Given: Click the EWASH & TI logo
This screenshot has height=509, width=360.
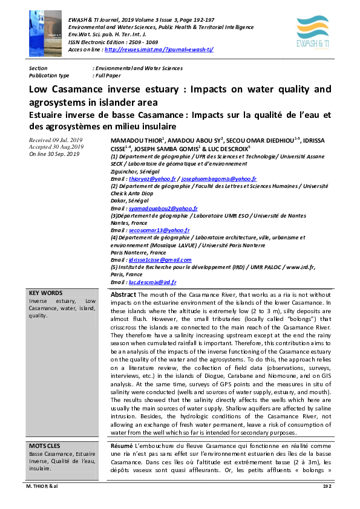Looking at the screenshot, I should tap(313, 31).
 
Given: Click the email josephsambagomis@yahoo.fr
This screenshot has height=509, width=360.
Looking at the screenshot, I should tap(220, 179).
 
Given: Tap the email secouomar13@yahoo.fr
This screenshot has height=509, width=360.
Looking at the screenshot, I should tap(159, 230).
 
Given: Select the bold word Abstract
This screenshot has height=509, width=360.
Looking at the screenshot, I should tap(123, 294).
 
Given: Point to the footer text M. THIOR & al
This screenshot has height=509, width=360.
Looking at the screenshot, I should tap(44, 502).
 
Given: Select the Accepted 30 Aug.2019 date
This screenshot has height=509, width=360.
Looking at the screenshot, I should tap(56, 147).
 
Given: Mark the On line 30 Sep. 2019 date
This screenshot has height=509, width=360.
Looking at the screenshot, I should tap(54, 154).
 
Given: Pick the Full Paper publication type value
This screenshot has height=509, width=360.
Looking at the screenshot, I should tap(107, 76).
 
